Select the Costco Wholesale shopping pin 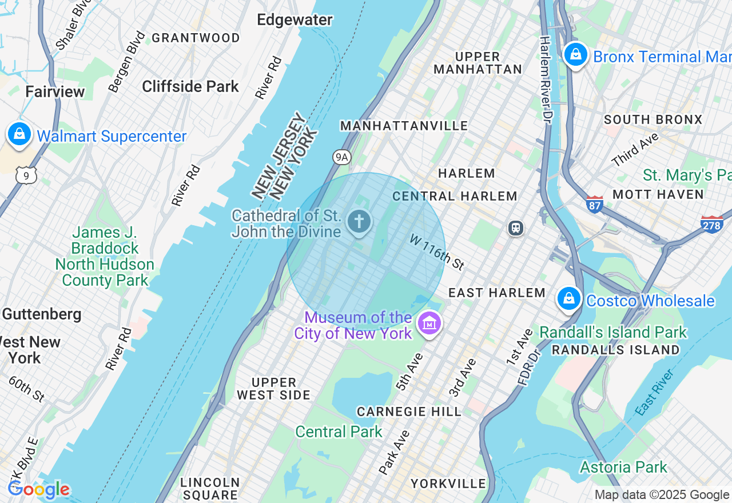point(569,299)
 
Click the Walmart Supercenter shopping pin point(19,135)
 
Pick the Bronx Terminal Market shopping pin point(576,55)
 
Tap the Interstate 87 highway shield point(595,204)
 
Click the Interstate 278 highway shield point(711,224)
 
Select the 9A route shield point(341,157)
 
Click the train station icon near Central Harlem point(516,228)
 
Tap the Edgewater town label point(295,20)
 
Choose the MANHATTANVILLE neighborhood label point(404,126)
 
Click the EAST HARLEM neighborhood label point(496,293)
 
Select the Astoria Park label point(623,467)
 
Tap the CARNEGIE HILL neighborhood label point(409,412)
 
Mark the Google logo point(38,489)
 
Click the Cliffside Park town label point(190,87)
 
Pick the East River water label point(655,393)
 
